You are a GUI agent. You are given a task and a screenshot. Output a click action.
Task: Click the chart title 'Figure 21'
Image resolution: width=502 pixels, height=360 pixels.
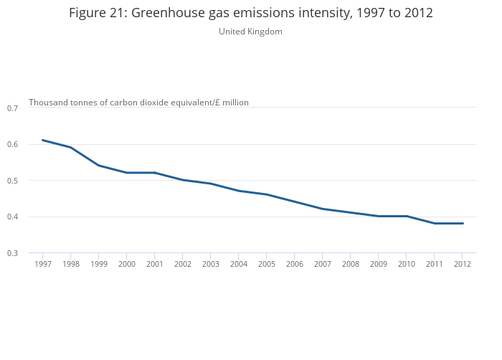coord(251,13)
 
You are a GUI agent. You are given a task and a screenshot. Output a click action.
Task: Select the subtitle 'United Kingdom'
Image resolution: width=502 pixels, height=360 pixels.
coord(250,32)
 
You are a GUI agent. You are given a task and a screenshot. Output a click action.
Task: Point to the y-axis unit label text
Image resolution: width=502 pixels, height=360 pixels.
coord(138,103)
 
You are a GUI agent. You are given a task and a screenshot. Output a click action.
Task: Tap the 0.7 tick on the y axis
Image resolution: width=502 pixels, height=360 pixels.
coord(12,108)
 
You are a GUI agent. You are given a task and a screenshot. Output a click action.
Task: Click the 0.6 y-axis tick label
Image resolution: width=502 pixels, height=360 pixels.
coord(12,144)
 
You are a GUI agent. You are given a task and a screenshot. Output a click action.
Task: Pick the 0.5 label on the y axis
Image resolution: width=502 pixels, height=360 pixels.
coord(12,181)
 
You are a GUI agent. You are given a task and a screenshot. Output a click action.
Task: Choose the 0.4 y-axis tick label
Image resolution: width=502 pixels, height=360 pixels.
coord(12,217)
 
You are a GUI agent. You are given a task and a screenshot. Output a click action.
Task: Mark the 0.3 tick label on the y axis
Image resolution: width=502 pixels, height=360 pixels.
coord(12,253)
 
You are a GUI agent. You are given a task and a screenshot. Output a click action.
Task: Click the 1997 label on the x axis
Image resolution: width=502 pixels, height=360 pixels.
coord(42,264)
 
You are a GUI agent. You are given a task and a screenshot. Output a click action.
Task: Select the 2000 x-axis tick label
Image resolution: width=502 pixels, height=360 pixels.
coord(126,264)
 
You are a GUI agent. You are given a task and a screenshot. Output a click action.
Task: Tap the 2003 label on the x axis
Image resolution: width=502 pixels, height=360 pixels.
coord(210,264)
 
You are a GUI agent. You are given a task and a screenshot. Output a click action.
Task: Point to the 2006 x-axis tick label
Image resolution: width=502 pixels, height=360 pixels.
coord(294,264)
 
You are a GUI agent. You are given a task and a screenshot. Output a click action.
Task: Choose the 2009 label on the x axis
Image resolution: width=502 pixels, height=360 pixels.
coord(378,264)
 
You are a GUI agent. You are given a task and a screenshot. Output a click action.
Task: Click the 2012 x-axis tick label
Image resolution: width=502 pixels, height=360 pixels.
coord(462,264)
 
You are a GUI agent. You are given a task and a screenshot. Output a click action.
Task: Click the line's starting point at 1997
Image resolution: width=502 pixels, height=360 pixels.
coord(42,140)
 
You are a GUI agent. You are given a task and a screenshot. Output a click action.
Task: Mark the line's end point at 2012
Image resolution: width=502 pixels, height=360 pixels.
coord(462,223)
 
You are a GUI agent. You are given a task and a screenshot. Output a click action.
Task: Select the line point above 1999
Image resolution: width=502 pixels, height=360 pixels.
coord(98,166)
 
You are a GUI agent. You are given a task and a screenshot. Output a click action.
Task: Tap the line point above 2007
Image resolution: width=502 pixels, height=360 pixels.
coord(322,209)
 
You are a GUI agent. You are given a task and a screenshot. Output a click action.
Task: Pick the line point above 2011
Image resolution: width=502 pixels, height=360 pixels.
coord(434,223)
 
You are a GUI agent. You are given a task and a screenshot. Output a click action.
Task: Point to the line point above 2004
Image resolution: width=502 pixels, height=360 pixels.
coord(238,191)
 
